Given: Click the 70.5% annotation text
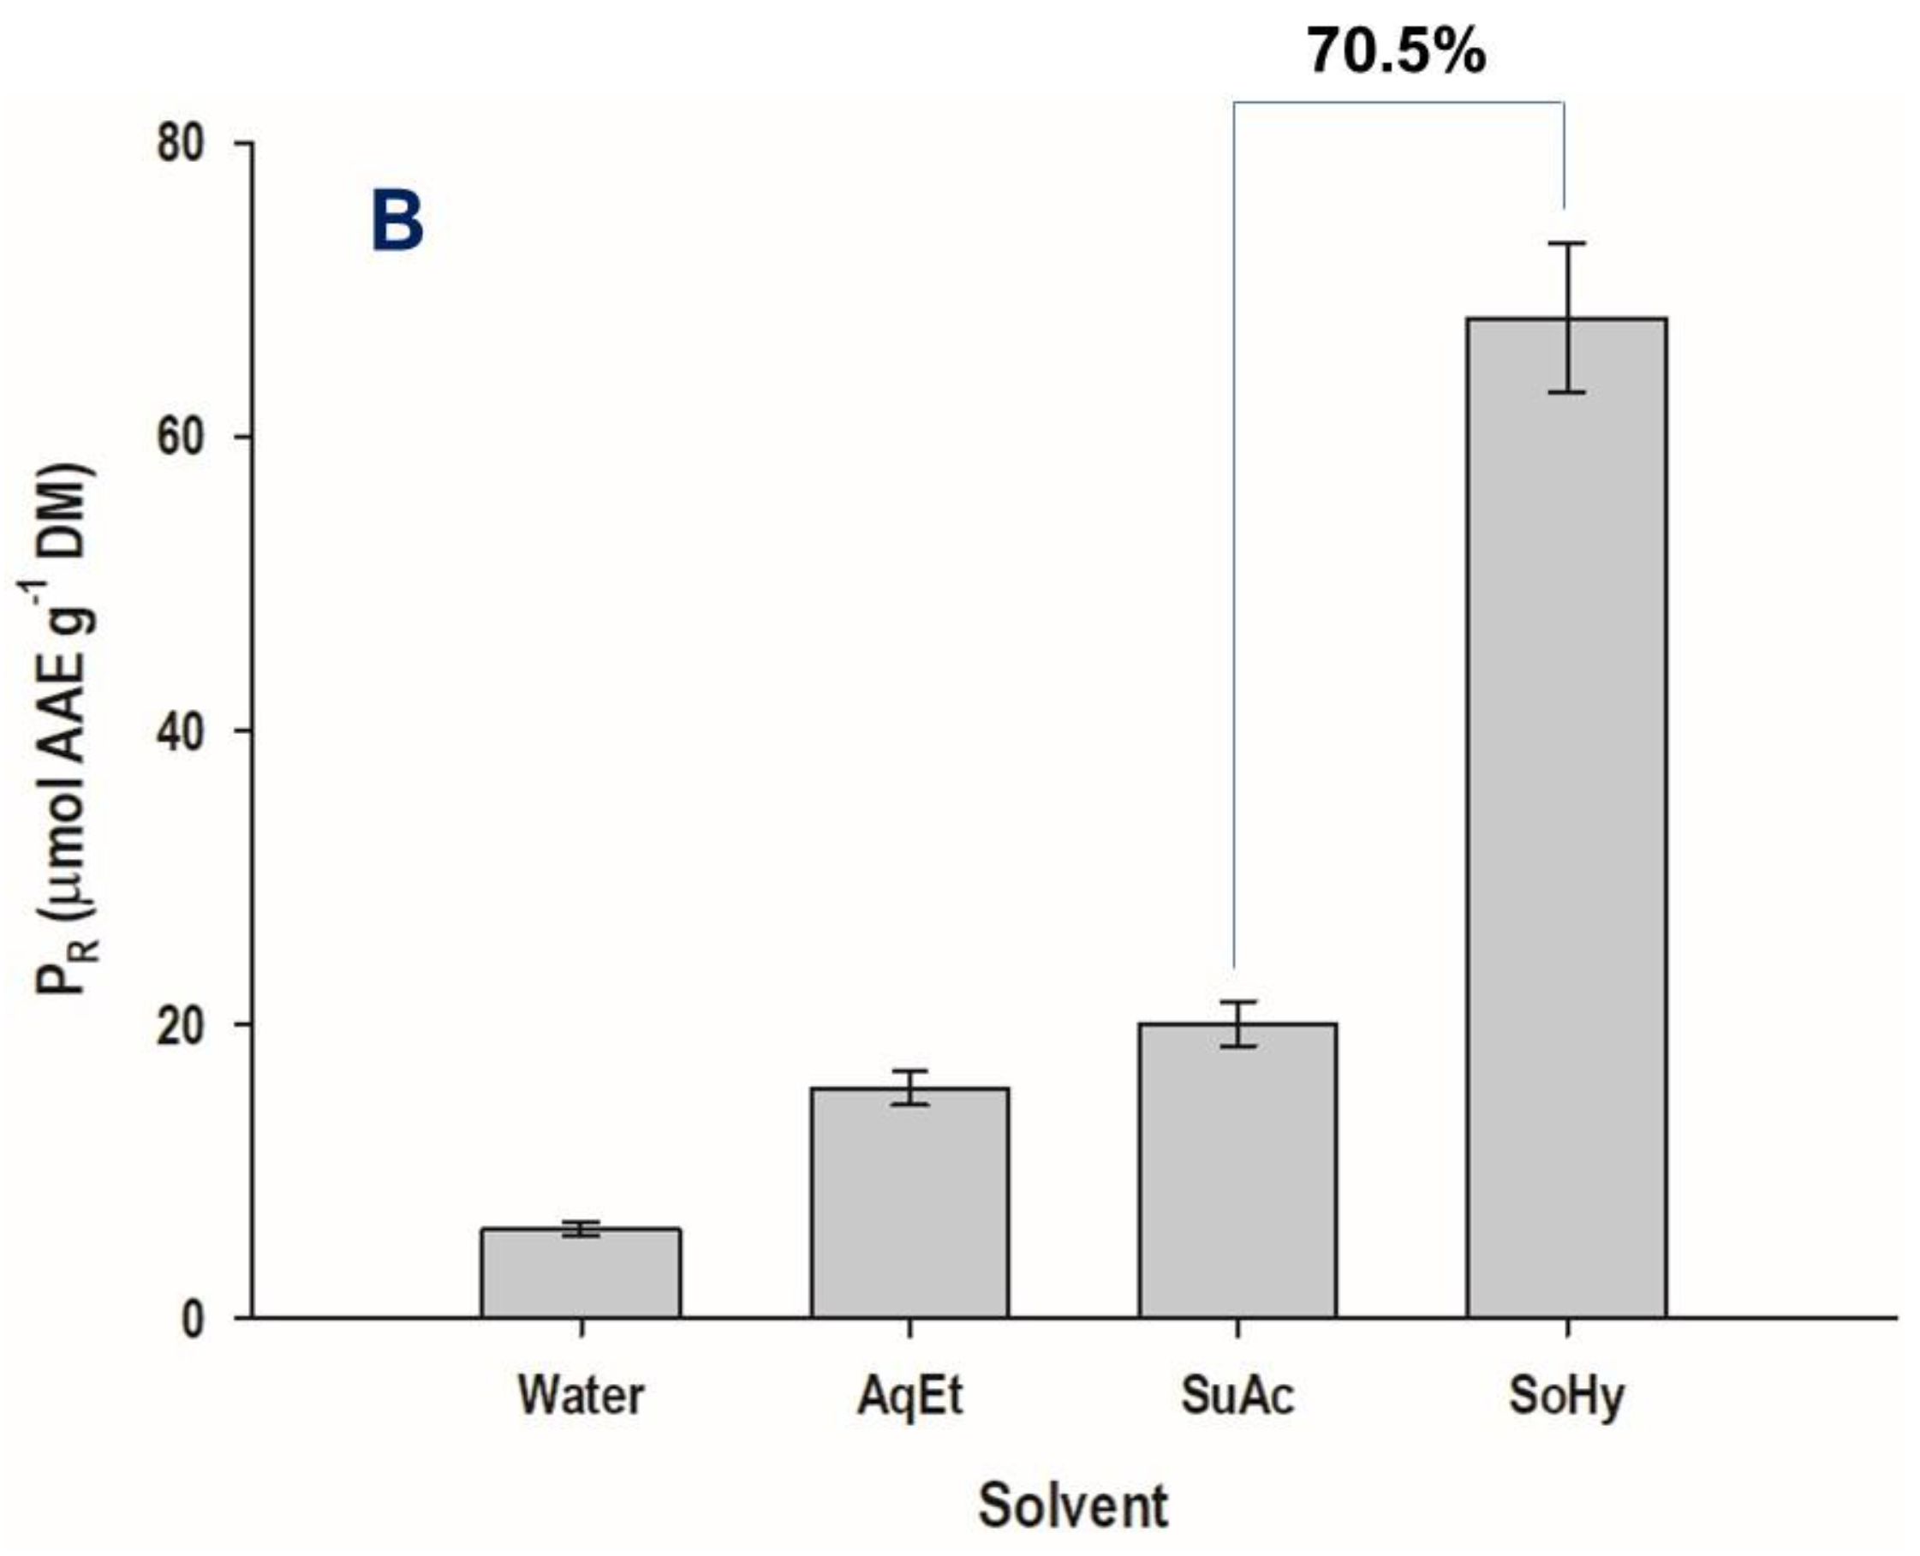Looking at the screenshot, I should (1396, 51).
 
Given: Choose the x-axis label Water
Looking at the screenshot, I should (581, 1396).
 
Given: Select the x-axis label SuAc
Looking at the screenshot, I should (1237, 1396).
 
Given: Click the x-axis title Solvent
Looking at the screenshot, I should (1073, 1505).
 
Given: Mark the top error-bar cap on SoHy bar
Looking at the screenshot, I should (1567, 243).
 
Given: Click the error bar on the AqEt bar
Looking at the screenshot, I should (909, 1088).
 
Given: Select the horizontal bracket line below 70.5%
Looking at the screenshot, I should (1398, 102).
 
